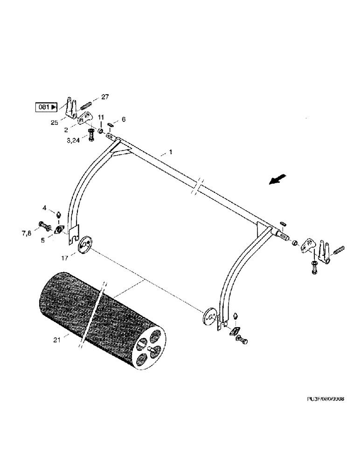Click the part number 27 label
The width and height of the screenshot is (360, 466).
click(104, 97)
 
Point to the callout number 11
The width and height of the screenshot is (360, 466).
click(101, 117)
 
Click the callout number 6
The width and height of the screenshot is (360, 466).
click(123, 120)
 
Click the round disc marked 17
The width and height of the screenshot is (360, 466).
click(85, 245)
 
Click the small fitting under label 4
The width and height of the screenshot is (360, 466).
click(59, 215)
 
